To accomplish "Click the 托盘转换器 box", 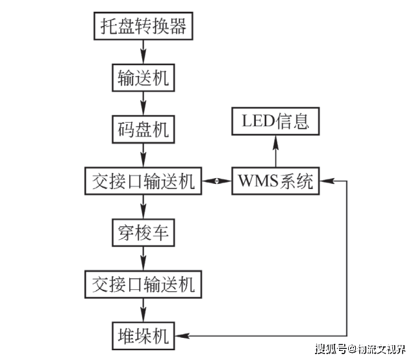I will pyautogui.click(x=143, y=26).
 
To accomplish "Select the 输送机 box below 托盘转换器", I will pyautogui.click(x=143, y=78).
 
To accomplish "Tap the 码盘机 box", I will pyautogui.click(x=143, y=129).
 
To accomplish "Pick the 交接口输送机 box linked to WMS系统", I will pyautogui.click(x=143, y=181).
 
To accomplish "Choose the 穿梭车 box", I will pyautogui.click(x=143, y=232).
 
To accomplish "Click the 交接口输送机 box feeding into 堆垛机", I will pyautogui.click(x=143, y=284).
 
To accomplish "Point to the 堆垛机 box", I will pyautogui.click(x=143, y=335).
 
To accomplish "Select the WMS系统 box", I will pyautogui.click(x=275, y=181).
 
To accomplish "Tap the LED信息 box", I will pyautogui.click(x=275, y=121).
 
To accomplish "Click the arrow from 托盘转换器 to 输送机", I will pyautogui.click(x=143, y=52).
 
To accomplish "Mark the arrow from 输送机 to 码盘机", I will pyautogui.click(x=143, y=103).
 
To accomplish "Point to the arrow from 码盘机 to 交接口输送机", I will pyautogui.click(x=143, y=155).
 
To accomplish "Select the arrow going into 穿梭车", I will pyautogui.click(x=143, y=207).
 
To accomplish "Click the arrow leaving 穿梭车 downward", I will pyautogui.click(x=143, y=258).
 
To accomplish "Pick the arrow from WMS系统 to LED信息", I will pyautogui.click(x=275, y=151).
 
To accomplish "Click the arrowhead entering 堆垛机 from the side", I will pyautogui.click(x=183, y=336).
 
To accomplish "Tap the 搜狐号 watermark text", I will pyautogui.click(x=329, y=350).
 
